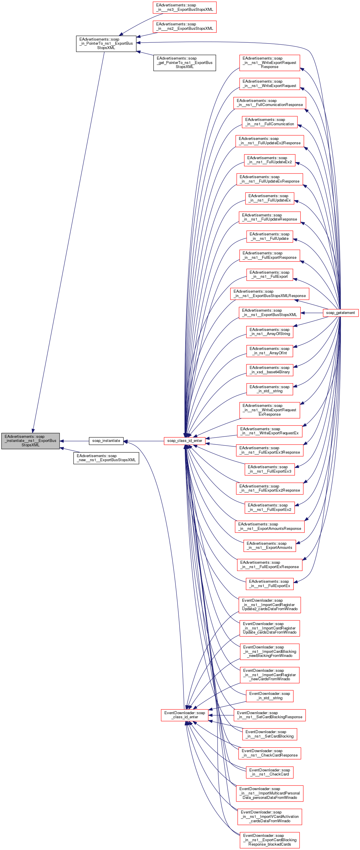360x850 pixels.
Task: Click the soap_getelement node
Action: click(340, 313)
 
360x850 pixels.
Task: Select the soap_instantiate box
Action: click(106, 440)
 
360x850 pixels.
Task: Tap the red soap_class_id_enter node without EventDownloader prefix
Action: click(185, 440)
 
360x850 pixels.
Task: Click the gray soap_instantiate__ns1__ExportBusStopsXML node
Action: click(30, 440)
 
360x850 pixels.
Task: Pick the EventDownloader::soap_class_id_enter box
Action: click(185, 715)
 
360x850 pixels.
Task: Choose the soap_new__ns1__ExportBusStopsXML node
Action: click(106, 458)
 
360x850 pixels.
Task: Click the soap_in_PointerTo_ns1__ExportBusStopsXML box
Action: click(106, 44)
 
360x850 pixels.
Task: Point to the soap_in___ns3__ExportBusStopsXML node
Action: click(185, 7)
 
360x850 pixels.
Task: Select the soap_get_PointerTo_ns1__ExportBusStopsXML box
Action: click(185, 63)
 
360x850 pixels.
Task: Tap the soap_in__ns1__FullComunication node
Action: click(269, 122)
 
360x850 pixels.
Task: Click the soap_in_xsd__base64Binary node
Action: click(269, 370)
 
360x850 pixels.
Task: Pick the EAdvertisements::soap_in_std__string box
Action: click(269, 389)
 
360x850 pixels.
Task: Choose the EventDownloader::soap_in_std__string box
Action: click(269, 695)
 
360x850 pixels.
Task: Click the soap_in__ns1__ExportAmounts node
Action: click(269, 545)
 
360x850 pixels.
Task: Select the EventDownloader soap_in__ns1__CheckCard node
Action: click(269, 772)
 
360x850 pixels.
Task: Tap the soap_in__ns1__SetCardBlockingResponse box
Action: click(269, 715)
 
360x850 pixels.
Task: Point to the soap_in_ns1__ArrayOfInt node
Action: click(269, 351)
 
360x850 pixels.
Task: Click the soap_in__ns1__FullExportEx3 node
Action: click(269, 469)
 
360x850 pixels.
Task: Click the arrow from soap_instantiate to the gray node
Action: click(74, 441)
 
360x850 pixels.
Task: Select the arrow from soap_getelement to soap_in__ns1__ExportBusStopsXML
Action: click(312, 313)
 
